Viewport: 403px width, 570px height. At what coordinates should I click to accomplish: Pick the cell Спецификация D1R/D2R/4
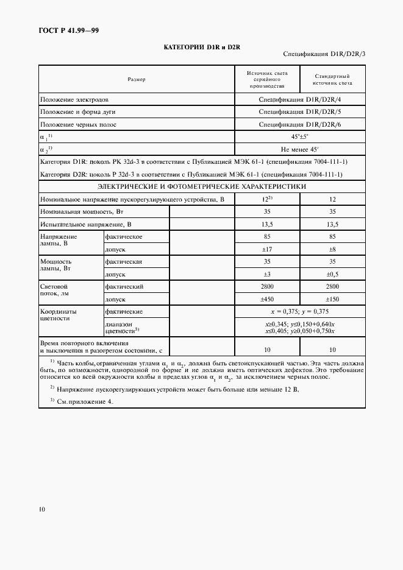[x=299, y=99]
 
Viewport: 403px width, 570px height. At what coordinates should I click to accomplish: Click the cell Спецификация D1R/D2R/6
[x=299, y=125]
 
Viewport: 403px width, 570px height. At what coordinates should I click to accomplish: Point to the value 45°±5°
[x=299, y=137]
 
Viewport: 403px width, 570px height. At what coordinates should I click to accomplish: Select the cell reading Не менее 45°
[x=299, y=149]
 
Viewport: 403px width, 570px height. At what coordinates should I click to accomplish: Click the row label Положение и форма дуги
[x=78, y=112]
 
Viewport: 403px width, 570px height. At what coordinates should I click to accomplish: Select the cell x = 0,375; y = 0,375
[x=299, y=311]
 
